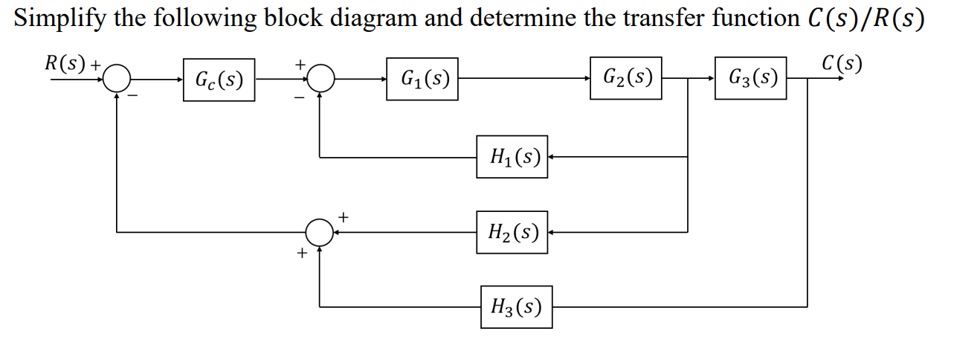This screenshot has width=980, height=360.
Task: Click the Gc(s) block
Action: click(x=219, y=80)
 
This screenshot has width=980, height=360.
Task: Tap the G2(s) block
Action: click(x=626, y=77)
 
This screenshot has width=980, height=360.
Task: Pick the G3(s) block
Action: click(x=751, y=77)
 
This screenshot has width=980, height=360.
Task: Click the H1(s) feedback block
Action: click(x=512, y=157)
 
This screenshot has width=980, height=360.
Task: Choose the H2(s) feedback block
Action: click(x=512, y=232)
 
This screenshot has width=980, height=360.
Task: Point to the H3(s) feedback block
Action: click(x=516, y=306)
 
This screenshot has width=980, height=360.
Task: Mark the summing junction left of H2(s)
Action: click(x=320, y=232)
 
